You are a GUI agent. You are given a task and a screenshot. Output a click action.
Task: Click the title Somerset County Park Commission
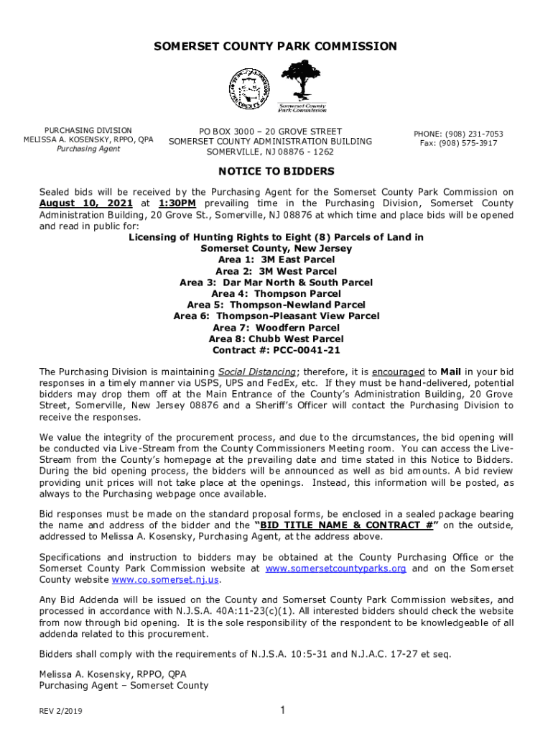(276, 47)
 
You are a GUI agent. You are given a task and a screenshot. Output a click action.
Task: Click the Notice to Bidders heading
(276, 172)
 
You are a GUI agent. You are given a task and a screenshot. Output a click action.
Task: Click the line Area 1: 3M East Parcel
(276, 260)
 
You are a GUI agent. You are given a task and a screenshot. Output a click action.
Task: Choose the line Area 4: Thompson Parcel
(276, 294)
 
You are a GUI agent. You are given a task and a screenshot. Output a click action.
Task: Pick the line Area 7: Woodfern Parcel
(276, 328)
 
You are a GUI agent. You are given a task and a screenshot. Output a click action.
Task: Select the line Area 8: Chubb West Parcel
(276, 339)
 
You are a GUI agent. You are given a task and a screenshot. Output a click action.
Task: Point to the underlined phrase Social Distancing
(256, 372)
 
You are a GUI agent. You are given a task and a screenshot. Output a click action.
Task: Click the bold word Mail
(451, 372)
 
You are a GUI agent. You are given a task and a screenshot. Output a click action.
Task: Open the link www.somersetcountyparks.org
(335, 569)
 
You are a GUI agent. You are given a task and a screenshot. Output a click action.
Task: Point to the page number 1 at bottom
(283, 711)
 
